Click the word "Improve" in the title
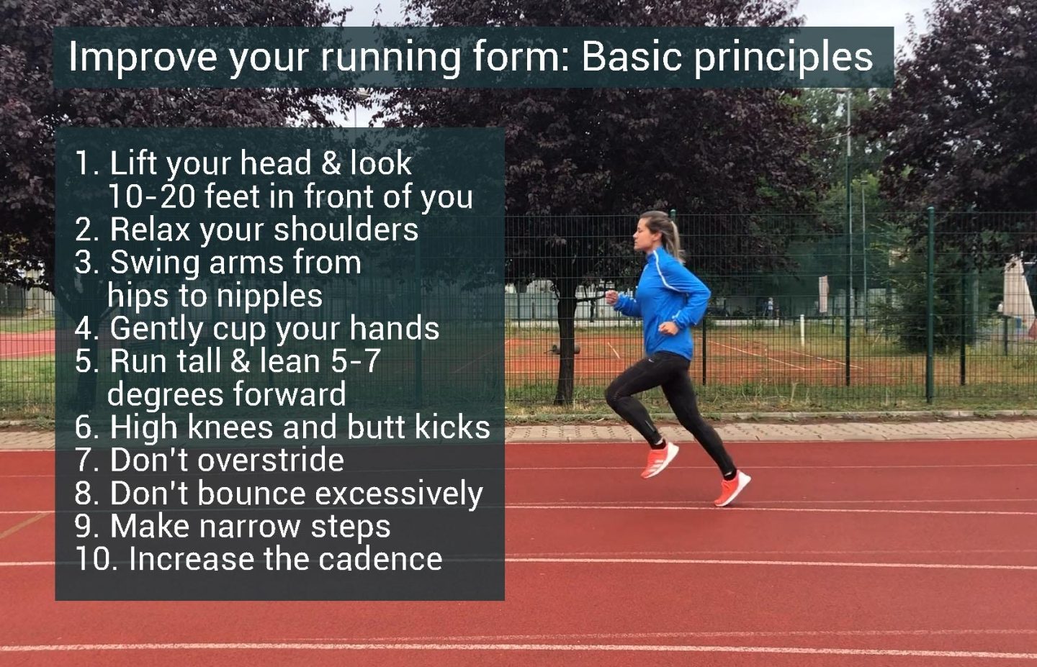click(x=142, y=57)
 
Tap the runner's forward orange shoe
click(x=660, y=460)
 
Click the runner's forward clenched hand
click(x=613, y=296)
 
